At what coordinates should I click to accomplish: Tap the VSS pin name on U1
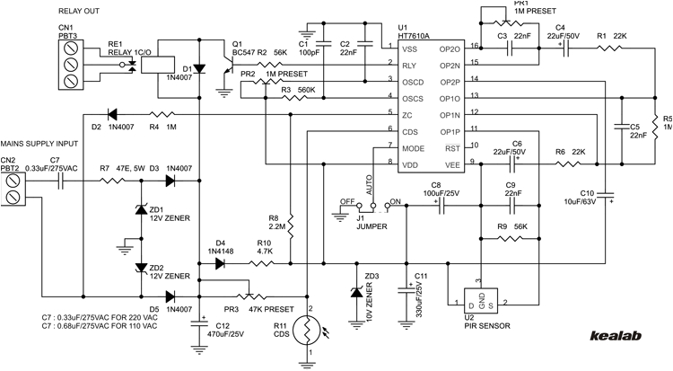click(408, 49)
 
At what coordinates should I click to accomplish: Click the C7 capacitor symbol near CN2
click(62, 181)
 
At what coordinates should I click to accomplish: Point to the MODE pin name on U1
click(412, 146)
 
